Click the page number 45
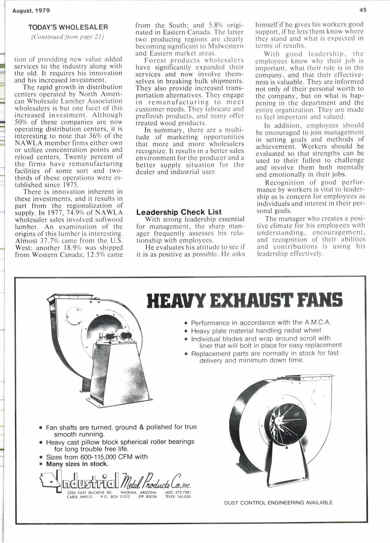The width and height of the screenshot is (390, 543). click(363, 10)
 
